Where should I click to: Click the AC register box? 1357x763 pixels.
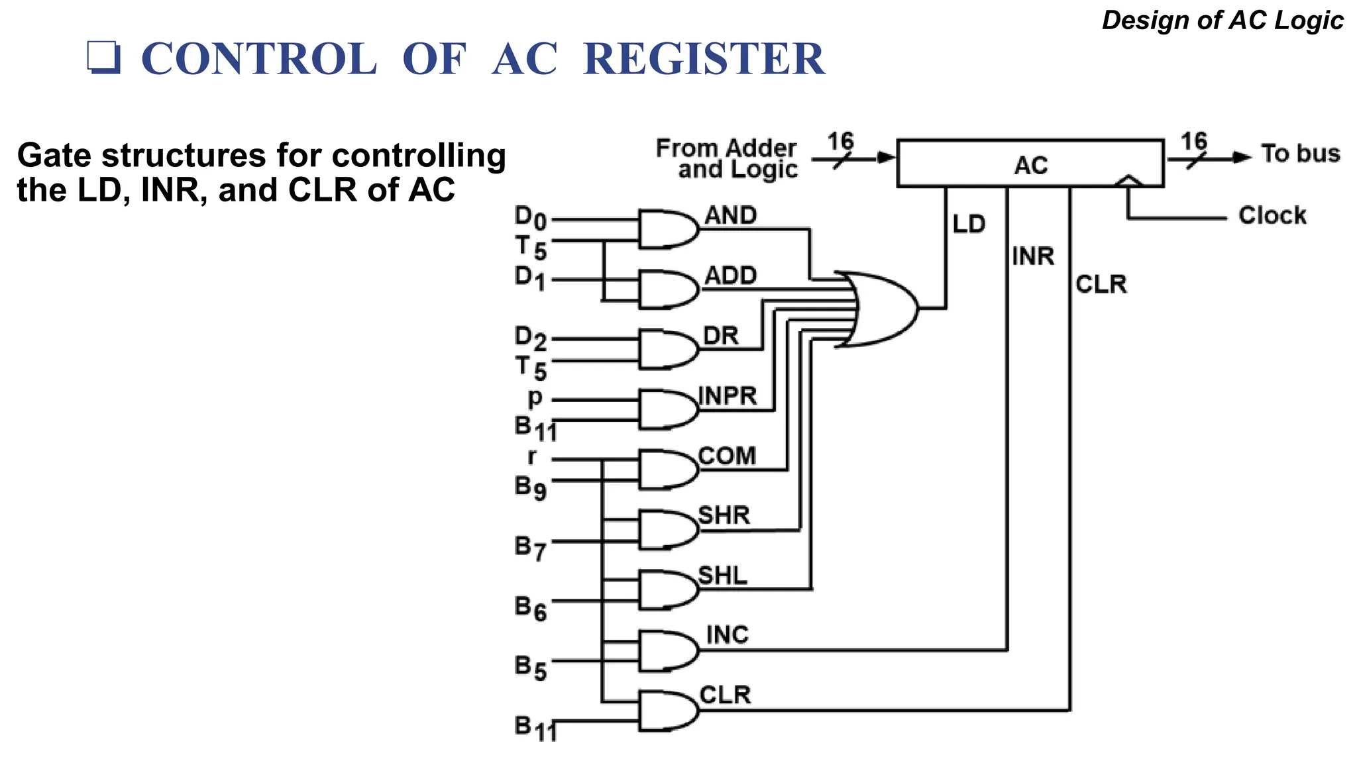(x=1030, y=164)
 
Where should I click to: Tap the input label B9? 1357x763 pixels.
(x=530, y=487)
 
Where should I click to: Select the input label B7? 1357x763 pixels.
(x=530, y=548)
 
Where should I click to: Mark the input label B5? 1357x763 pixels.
(x=530, y=667)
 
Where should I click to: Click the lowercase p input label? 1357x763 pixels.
(x=535, y=398)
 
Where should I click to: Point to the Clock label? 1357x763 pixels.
(x=1272, y=216)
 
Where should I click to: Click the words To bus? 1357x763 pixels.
(x=1299, y=154)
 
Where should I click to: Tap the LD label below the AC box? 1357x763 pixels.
(x=969, y=225)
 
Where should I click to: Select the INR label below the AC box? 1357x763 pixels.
(x=1033, y=256)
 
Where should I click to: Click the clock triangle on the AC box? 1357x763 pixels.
(x=1128, y=181)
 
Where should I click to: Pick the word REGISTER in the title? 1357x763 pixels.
(x=704, y=60)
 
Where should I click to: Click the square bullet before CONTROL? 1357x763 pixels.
(x=103, y=58)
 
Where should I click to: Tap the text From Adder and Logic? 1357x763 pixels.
(x=727, y=159)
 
